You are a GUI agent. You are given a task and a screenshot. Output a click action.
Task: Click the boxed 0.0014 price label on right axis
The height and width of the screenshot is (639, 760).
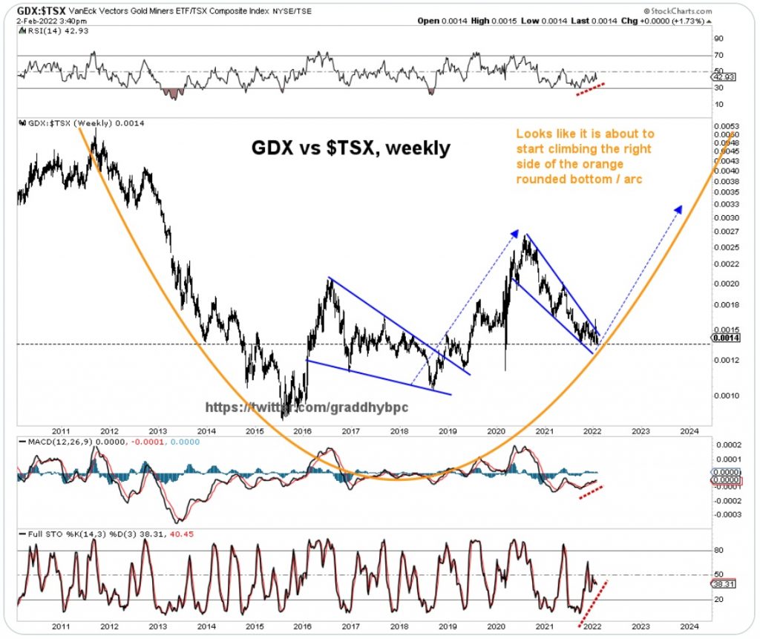(x=724, y=338)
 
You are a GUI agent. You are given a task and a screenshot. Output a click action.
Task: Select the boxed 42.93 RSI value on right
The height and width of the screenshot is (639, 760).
(x=724, y=77)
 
